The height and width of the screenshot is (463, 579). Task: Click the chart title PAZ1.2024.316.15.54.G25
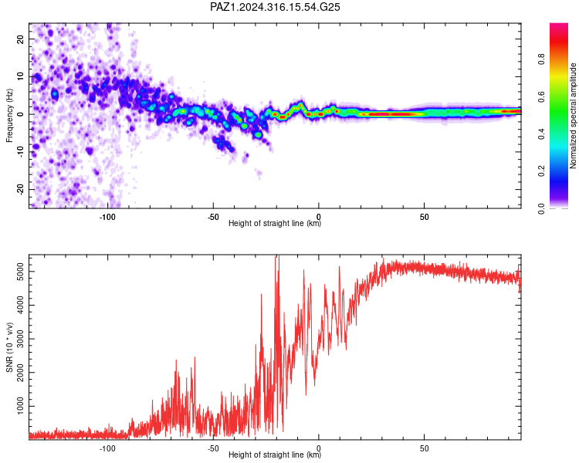[275, 7]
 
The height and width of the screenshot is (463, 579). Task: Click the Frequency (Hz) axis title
[9, 116]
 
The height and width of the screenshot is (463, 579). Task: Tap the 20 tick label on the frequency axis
[21, 39]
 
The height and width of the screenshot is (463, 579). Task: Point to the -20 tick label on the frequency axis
[21, 190]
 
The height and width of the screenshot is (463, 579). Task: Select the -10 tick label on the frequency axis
[21, 152]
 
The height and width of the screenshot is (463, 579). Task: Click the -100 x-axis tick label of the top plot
[107, 217]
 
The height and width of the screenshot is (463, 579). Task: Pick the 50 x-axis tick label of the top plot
[425, 217]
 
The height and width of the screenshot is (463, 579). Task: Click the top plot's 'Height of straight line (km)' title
[275, 223]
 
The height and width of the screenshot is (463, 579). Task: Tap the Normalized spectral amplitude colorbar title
[573, 116]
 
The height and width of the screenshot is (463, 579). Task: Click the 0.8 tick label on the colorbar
[541, 59]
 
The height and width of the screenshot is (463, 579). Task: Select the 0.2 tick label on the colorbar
[541, 171]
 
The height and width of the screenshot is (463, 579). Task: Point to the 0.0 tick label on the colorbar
[541, 208]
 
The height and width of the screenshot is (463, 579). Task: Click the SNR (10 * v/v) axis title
[9, 347]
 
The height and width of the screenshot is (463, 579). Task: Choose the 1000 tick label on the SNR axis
[21, 406]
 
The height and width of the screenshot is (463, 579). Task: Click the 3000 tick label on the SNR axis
[21, 339]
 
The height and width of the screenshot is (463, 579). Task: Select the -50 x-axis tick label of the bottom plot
[213, 448]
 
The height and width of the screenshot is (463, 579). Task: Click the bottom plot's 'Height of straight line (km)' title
[275, 455]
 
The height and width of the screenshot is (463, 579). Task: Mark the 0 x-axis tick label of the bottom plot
[319, 448]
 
